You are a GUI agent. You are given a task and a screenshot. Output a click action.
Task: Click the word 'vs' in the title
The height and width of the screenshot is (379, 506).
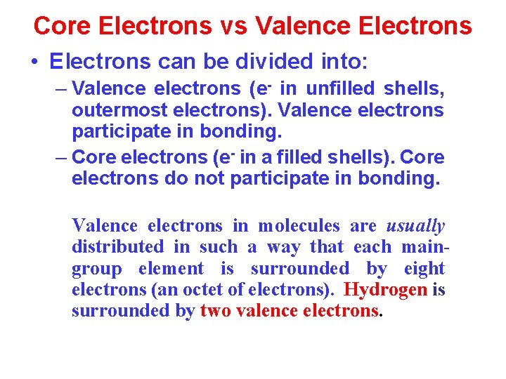(233, 26)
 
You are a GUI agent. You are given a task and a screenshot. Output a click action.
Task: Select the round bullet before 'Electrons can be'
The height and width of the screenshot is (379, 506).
(34, 62)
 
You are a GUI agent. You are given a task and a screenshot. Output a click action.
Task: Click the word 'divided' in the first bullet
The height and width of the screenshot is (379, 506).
(241, 62)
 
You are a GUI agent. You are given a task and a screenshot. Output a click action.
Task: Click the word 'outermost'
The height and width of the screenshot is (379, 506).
(118, 111)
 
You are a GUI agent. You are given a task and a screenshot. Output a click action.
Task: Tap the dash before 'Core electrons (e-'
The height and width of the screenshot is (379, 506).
(61, 157)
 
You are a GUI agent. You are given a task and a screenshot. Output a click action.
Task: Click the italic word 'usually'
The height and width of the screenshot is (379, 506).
(415, 226)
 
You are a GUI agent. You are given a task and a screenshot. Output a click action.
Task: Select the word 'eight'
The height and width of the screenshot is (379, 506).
(424, 269)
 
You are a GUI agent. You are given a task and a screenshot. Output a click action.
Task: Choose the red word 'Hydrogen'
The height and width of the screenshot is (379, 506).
(387, 290)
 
